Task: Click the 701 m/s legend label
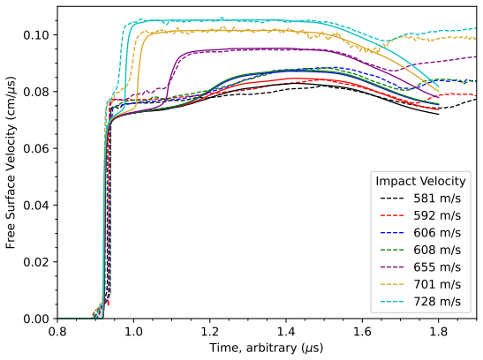tap(437, 284)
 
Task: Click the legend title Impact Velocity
tap(420, 181)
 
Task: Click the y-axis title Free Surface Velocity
tap(11, 162)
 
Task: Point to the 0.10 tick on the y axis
tap(36, 35)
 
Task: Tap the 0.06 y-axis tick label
tap(36, 148)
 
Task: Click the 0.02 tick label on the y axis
tap(36, 262)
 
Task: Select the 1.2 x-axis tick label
tap(210, 332)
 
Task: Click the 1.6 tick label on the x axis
tap(362, 332)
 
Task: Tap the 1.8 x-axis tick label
tap(438, 332)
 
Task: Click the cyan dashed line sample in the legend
tap(392, 302)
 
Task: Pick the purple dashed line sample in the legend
tap(392, 267)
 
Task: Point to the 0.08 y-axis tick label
tap(36, 92)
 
